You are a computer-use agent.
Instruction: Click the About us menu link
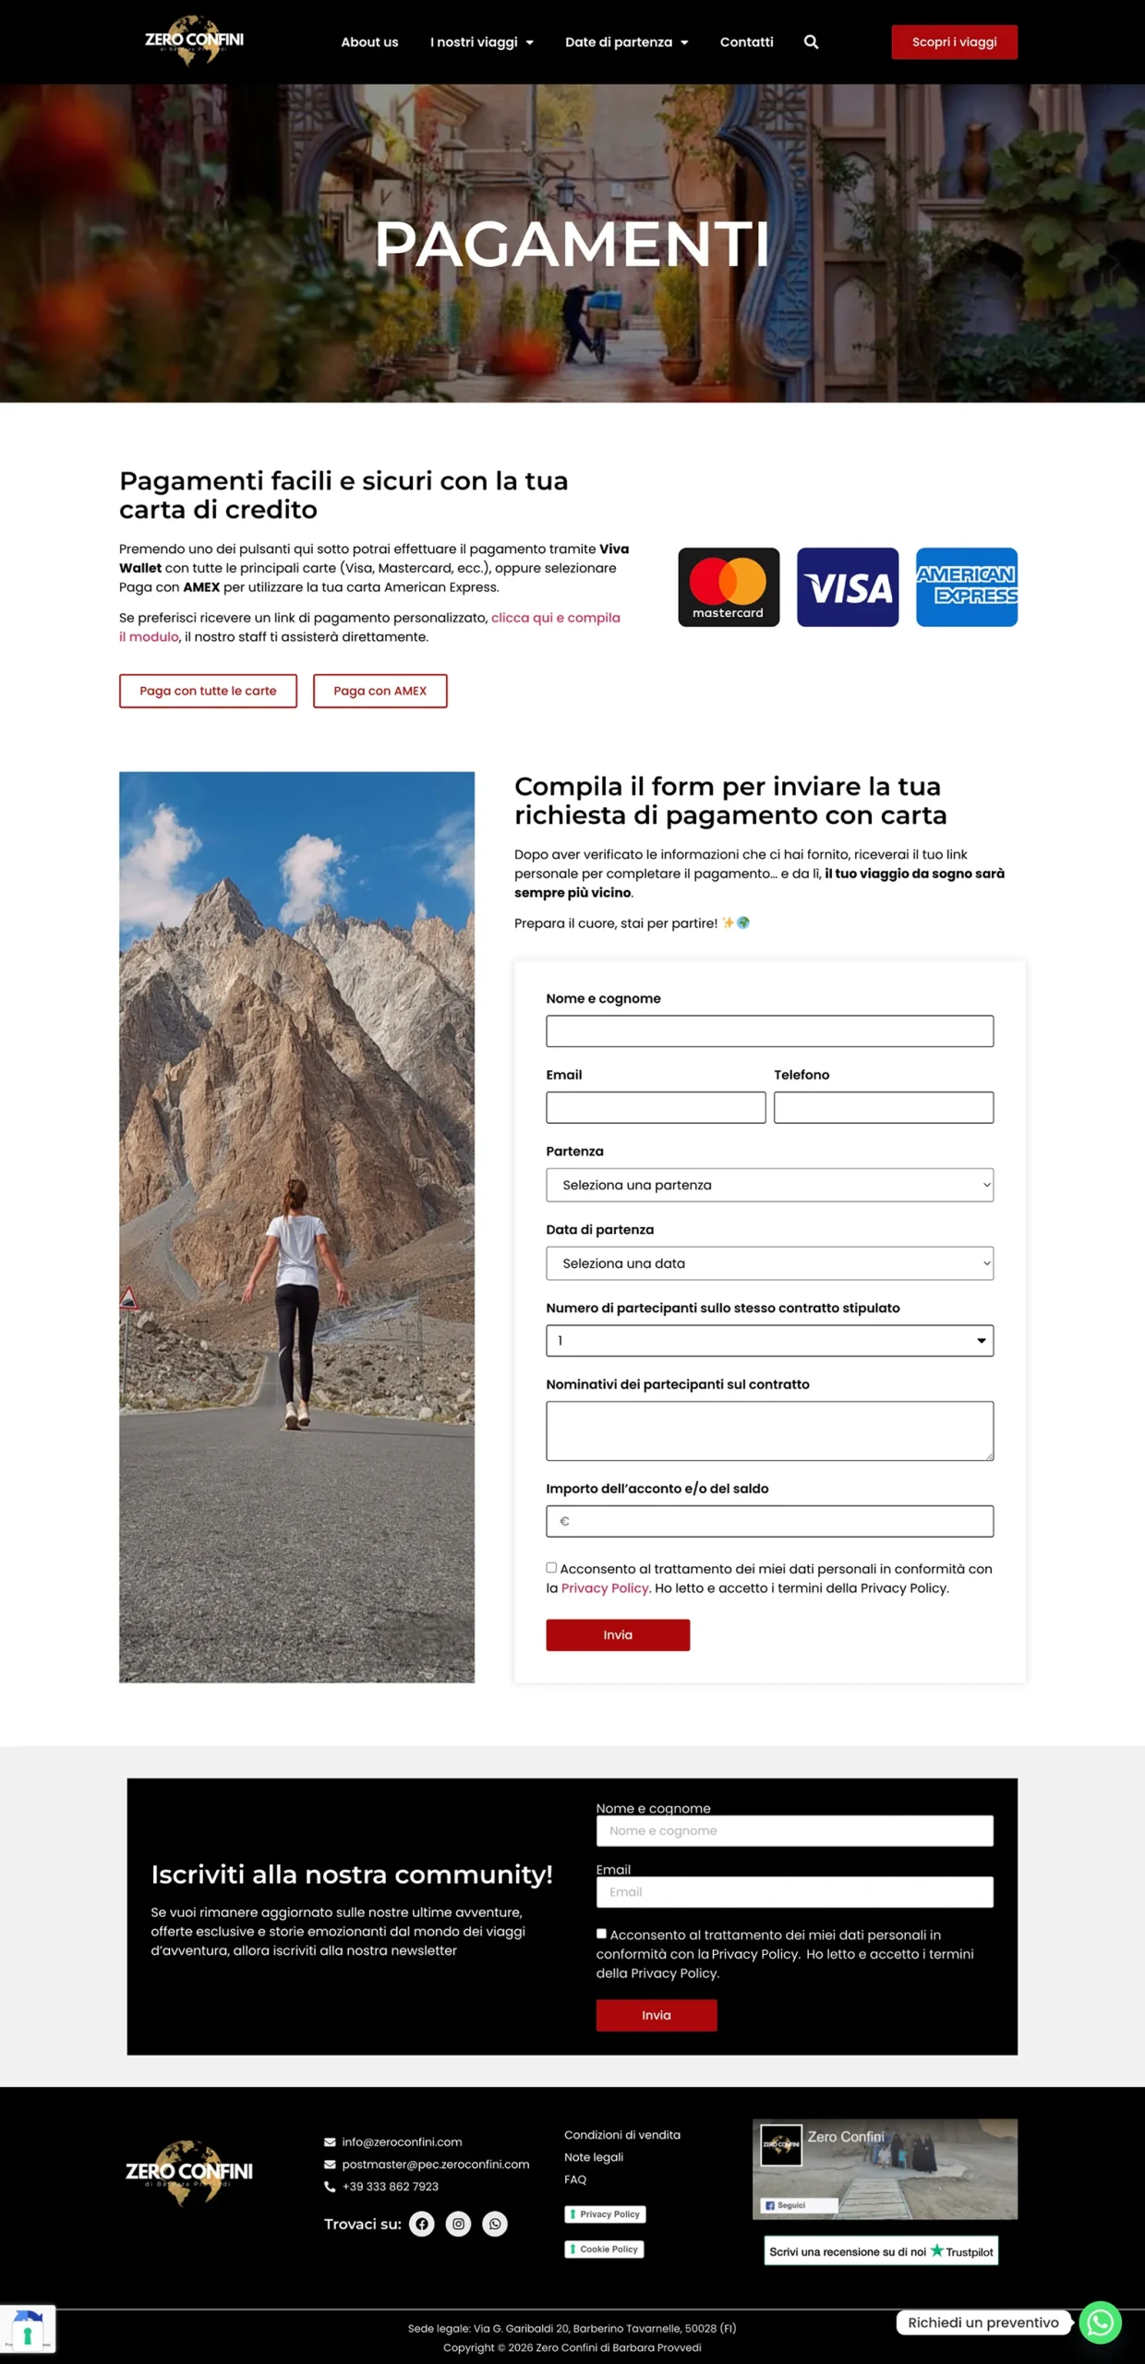(369, 42)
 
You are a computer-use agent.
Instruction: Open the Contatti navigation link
(746, 42)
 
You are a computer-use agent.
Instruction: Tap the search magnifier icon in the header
(811, 42)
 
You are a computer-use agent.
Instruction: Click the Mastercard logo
(729, 587)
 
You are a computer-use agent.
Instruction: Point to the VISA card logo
(847, 587)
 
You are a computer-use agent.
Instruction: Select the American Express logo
(966, 587)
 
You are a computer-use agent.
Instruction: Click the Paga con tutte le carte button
(208, 691)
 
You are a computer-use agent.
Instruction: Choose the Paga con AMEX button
(380, 691)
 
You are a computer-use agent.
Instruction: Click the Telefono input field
(883, 1107)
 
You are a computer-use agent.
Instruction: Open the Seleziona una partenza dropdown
(769, 1185)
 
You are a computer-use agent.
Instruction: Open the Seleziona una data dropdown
(769, 1263)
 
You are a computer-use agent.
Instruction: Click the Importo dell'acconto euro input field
(769, 1521)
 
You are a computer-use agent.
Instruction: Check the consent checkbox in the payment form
(551, 1567)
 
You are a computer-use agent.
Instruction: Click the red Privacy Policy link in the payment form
(605, 1588)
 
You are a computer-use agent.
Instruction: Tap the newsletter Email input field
(794, 1891)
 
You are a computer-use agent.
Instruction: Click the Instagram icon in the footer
(458, 2224)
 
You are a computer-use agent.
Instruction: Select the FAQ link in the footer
(575, 2179)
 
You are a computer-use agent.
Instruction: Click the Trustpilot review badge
(881, 2251)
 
